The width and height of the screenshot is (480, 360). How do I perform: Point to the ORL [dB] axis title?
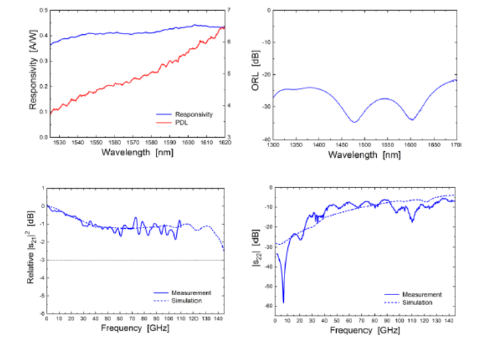click(255, 74)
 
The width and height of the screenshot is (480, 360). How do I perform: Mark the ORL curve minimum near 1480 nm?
click(354, 122)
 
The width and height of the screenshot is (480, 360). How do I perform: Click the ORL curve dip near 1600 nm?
click(412, 120)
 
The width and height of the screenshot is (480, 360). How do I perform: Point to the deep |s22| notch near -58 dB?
click(283, 302)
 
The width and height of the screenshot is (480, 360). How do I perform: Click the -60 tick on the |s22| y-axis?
click(268, 306)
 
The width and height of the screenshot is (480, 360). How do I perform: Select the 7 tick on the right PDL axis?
click(229, 11)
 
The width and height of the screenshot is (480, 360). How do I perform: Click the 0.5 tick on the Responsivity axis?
click(43, 11)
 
